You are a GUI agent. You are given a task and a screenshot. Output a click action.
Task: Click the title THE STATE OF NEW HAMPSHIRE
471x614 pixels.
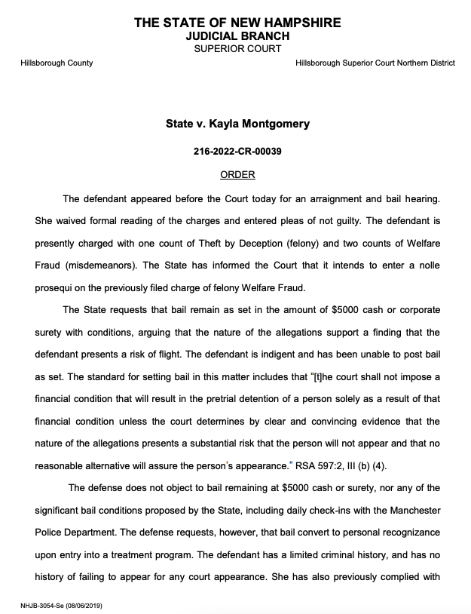237,23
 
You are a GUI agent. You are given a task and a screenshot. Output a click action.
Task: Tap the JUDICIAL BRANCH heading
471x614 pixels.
237,35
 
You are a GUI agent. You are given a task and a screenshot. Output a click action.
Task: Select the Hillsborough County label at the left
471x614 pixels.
57,63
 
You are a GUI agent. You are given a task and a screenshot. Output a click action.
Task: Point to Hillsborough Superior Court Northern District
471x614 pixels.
375,63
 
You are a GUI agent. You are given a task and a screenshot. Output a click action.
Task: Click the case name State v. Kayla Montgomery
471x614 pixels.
237,123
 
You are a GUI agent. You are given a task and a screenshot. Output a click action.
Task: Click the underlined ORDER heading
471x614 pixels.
237,175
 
